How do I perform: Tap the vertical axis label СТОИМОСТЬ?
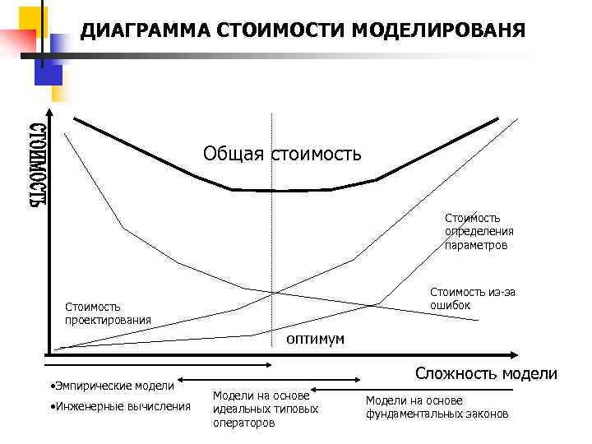click(x=37, y=164)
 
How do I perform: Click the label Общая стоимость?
click(x=282, y=154)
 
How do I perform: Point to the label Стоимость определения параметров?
click(x=476, y=231)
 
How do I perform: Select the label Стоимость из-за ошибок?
click(x=473, y=298)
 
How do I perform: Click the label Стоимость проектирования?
click(x=108, y=313)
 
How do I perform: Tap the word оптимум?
click(x=315, y=339)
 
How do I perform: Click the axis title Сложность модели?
click(x=486, y=373)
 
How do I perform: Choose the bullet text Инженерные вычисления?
click(x=120, y=406)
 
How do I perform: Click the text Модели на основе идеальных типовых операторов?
click(x=265, y=409)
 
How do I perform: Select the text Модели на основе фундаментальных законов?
click(x=437, y=407)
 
